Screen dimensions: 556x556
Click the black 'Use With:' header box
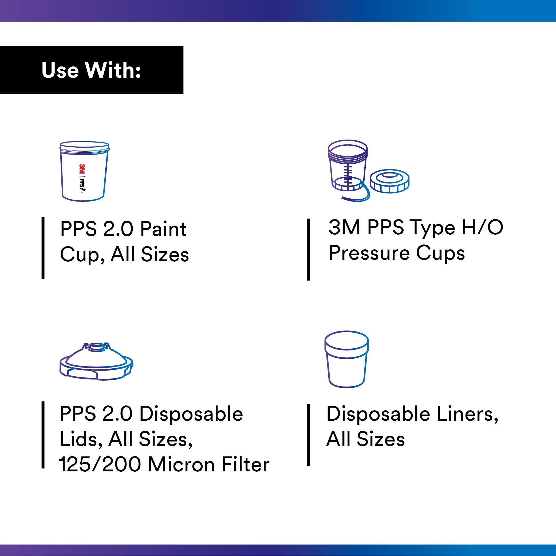pos(92,70)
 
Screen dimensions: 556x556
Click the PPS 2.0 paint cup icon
pos(85,171)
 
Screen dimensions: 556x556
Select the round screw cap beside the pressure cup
pos(389,181)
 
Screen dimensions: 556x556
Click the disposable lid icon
pos(96,361)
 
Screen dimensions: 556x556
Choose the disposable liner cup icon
pos(346,359)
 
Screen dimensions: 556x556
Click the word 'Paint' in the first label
pos(163,229)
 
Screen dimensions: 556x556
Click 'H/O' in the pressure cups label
pos(482,227)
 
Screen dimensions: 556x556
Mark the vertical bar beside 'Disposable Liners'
pos(308,435)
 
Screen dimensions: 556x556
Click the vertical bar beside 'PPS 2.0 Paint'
pos(43,248)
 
